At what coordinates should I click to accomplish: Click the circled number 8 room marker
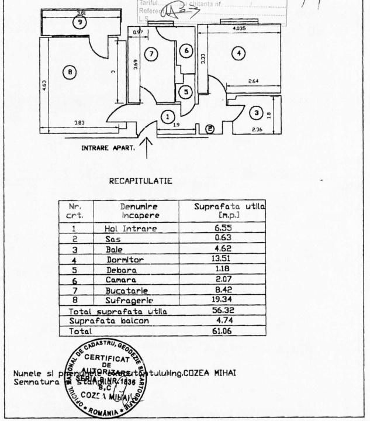point(70,72)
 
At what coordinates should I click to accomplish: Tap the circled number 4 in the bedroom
point(237,53)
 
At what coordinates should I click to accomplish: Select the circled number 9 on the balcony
point(79,22)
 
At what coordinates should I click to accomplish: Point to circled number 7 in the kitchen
point(151,54)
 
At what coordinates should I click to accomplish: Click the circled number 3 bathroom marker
point(255,112)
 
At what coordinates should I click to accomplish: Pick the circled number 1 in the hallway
point(168,116)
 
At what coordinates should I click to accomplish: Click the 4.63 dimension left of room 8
point(45,85)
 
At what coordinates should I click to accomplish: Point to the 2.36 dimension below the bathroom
point(257,129)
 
